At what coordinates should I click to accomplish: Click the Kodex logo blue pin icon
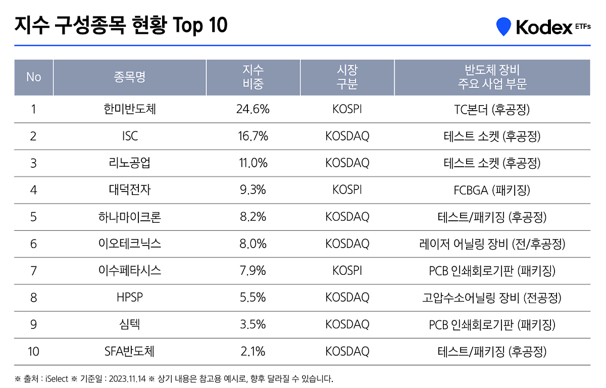click(x=503, y=26)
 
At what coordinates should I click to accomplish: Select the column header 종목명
click(x=130, y=77)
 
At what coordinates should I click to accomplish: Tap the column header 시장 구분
click(x=347, y=77)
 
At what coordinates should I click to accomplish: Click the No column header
click(x=33, y=77)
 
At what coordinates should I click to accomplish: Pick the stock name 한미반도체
click(x=130, y=109)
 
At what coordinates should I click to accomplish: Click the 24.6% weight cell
click(x=252, y=109)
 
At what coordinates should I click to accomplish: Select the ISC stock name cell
click(x=130, y=136)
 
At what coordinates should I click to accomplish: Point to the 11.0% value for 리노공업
click(x=252, y=163)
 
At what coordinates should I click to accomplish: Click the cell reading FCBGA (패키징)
click(x=492, y=190)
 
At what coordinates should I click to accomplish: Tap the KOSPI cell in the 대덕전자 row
click(x=347, y=190)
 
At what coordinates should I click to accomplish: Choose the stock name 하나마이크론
click(x=130, y=217)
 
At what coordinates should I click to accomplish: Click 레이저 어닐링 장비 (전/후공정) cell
click(x=492, y=244)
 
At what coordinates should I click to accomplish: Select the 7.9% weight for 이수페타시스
click(x=252, y=270)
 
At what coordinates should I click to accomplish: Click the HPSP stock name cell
click(x=130, y=298)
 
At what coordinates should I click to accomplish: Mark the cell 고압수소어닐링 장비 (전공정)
click(x=492, y=298)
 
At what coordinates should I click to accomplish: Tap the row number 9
click(x=33, y=324)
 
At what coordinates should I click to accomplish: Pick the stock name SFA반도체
click(x=130, y=351)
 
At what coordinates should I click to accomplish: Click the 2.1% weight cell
click(x=252, y=351)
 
